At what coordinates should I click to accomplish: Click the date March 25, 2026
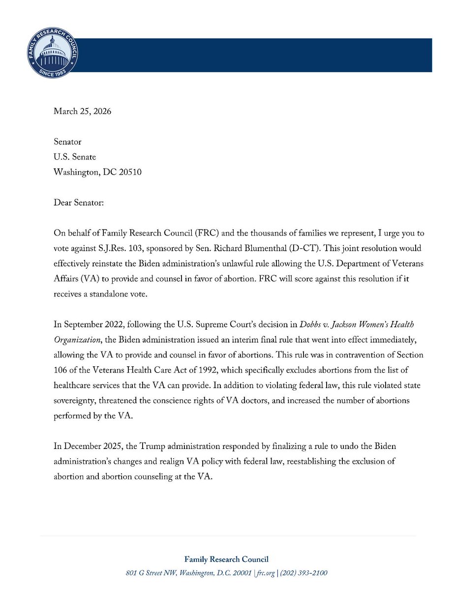[x=82, y=111]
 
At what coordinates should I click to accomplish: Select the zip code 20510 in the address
[x=130, y=173]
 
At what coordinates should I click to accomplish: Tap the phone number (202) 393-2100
[x=304, y=573]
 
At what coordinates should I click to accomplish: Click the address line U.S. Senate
[x=75, y=157]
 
